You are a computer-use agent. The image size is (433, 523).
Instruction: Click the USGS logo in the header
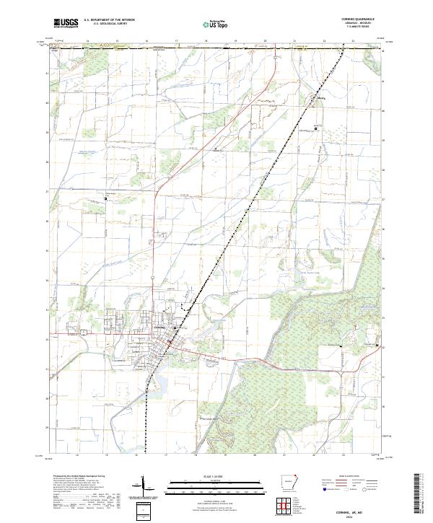coord(66,23)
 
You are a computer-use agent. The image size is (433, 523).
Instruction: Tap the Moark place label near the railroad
coord(315,96)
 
